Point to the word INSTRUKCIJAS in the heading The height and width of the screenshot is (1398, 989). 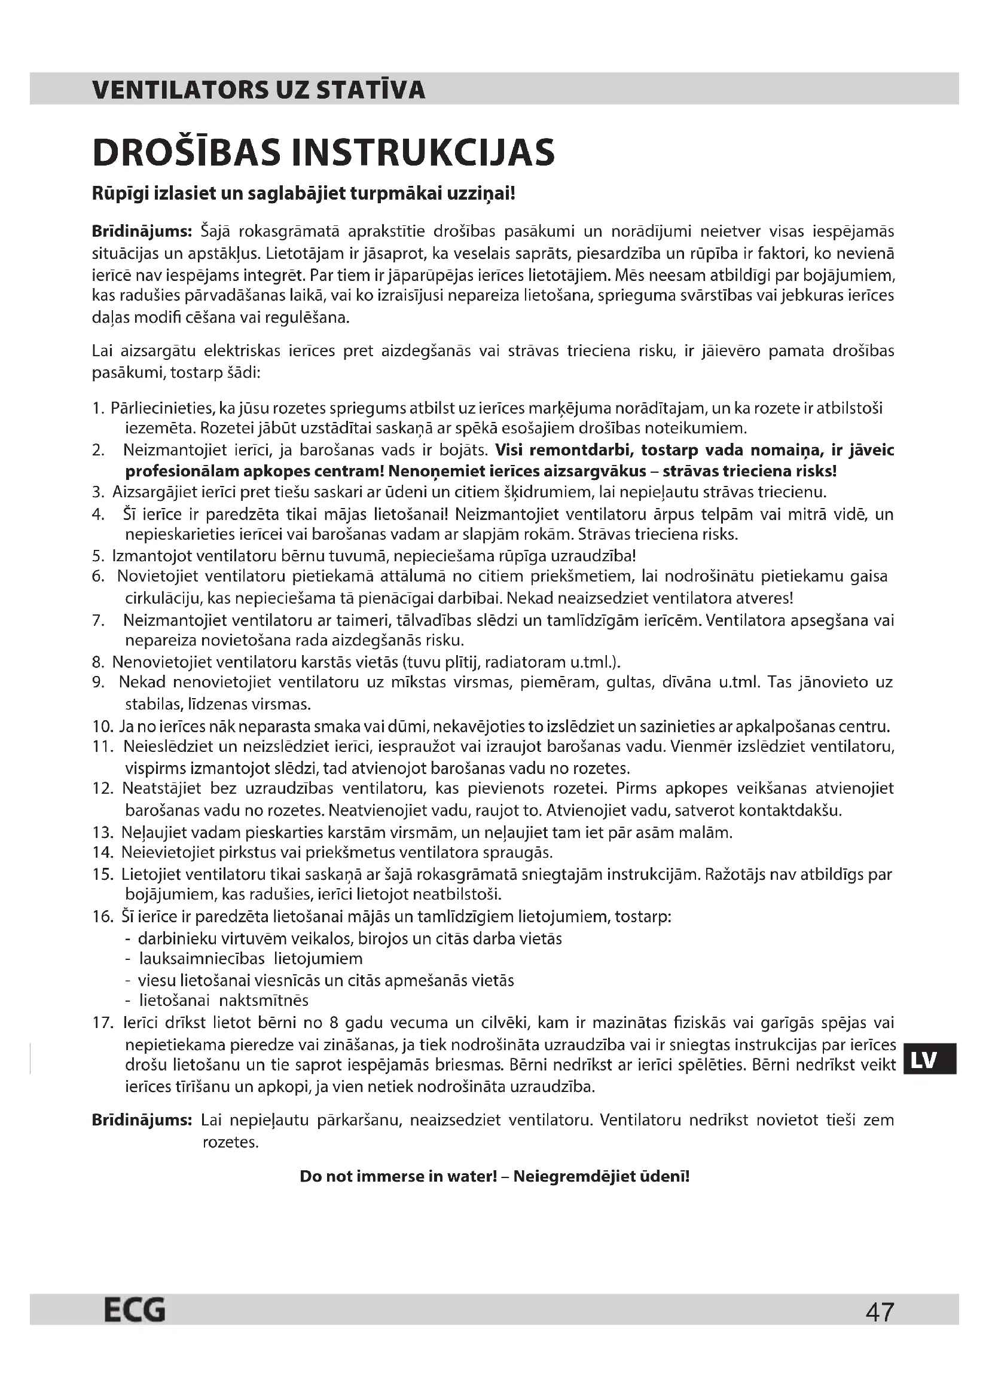click(x=423, y=152)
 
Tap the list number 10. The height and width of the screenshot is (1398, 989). click(x=103, y=726)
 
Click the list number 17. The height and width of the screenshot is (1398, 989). click(x=103, y=1023)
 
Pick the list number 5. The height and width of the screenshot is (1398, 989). click(x=99, y=556)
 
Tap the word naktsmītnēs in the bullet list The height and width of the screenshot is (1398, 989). click(x=264, y=1001)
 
